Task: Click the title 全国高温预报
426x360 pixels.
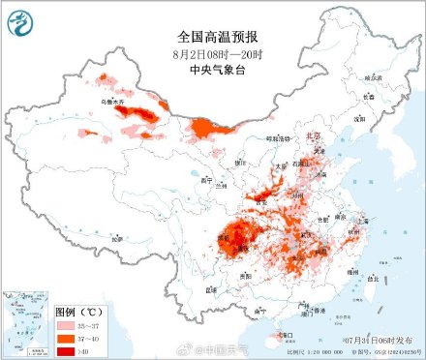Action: [212, 15]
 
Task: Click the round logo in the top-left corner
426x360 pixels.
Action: [20, 19]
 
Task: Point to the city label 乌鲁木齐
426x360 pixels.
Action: [100, 100]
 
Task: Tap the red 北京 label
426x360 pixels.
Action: [310, 136]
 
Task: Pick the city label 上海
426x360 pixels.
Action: [364, 220]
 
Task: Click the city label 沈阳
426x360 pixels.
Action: [358, 118]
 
